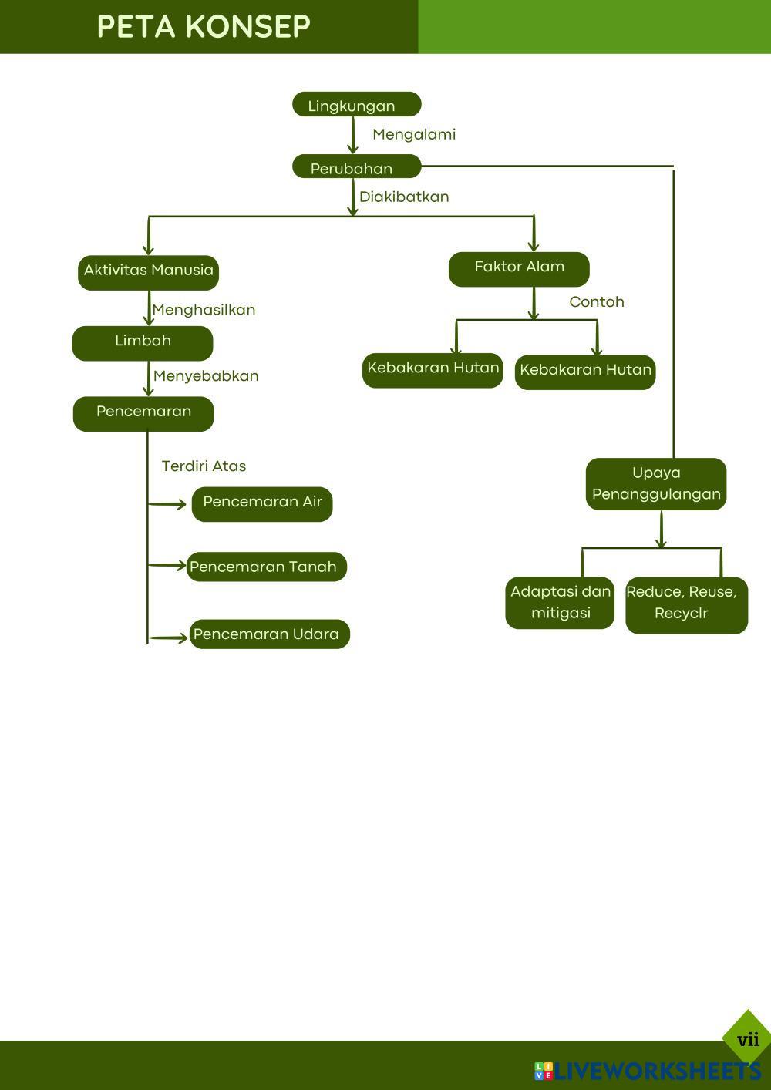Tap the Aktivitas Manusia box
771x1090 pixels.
click(x=148, y=272)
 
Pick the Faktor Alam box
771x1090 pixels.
click(x=519, y=269)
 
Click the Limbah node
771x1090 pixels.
click(x=143, y=343)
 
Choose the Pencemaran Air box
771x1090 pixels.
click(x=262, y=503)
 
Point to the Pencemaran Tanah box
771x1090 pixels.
click(x=267, y=567)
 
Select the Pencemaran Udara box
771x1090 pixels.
click(x=270, y=634)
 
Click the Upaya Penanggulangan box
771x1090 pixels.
click(x=656, y=484)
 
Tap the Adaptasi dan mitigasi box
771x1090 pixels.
click(x=560, y=603)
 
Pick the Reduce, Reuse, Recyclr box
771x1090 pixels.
click(x=686, y=605)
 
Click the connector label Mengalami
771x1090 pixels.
click(x=414, y=135)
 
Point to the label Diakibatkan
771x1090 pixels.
click(x=404, y=197)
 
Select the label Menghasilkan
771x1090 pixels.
click(x=204, y=310)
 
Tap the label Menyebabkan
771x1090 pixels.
click(x=206, y=376)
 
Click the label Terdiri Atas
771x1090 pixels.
click(x=204, y=466)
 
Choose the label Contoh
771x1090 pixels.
click(x=597, y=302)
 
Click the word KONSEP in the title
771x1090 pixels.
click(x=247, y=27)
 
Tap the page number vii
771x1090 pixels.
click(x=748, y=1040)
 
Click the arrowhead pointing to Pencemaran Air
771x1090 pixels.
click(x=182, y=504)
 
